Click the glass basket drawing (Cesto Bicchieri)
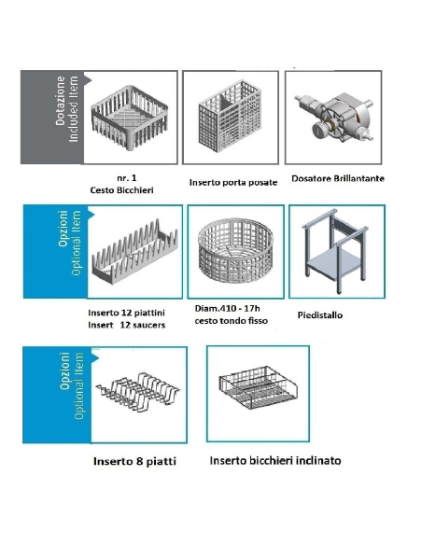[x=130, y=118]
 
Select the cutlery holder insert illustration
[x=230, y=116]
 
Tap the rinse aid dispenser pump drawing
[x=334, y=117]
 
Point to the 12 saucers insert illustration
[x=134, y=252]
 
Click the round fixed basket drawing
[x=235, y=251]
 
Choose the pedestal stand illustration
[x=335, y=252]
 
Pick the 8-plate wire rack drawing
[x=138, y=392]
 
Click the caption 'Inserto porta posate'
[x=233, y=183]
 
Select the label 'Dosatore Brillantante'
[x=338, y=178]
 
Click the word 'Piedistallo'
[x=320, y=315]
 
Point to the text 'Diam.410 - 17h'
[x=227, y=308]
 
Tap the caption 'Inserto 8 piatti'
[x=134, y=461]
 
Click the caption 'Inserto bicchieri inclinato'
[x=275, y=460]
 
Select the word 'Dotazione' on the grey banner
[x=61, y=101]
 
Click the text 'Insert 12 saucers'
[x=127, y=325]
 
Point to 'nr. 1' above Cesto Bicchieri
[x=127, y=178]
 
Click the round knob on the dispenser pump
[x=318, y=131]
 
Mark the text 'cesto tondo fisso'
[x=232, y=320]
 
